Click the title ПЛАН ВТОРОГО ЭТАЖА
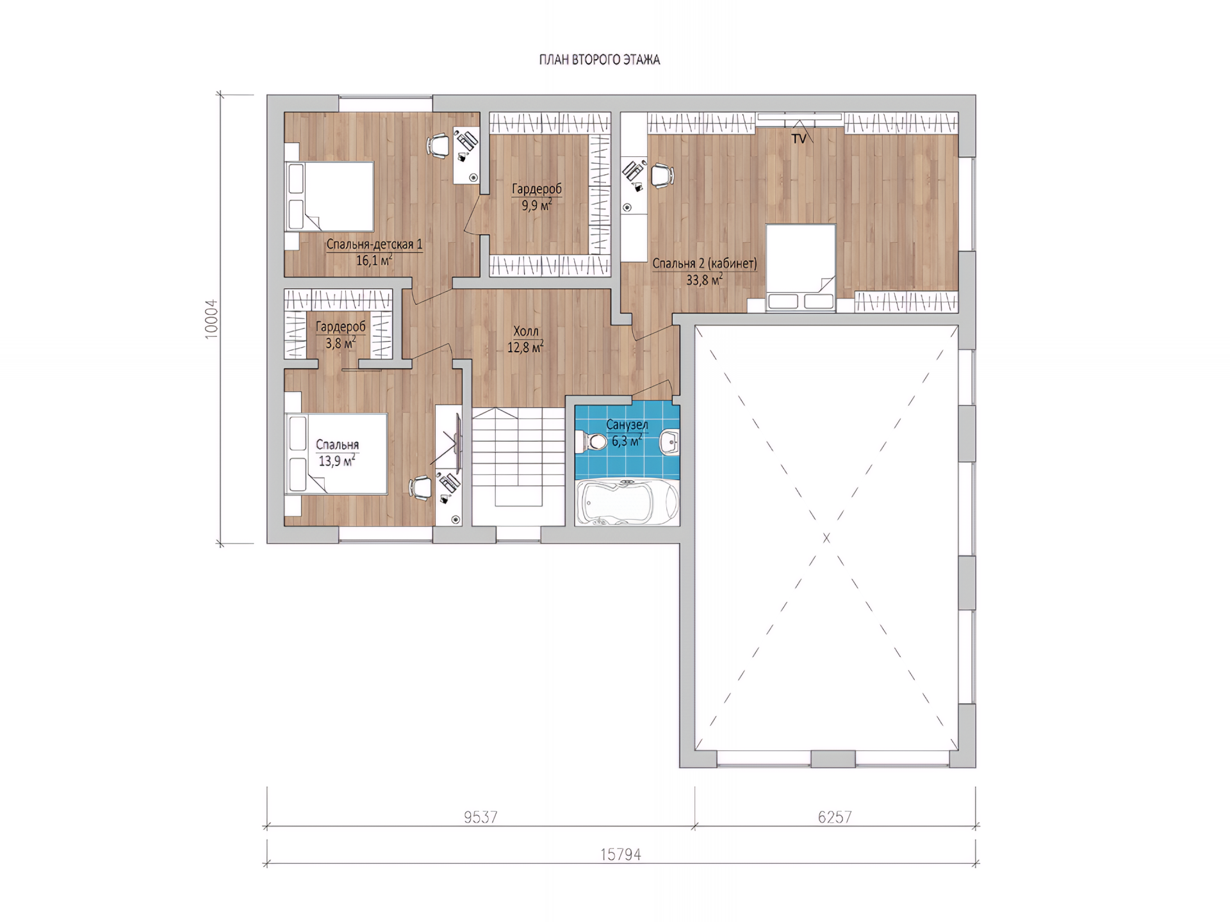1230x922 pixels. tap(599, 60)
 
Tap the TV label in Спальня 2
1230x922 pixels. tap(798, 138)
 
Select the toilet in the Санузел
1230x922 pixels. tap(592, 441)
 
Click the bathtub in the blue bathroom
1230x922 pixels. tap(627, 503)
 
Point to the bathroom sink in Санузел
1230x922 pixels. tap(670, 441)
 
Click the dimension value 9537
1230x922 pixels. tap(480, 817)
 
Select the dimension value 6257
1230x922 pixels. tap(835, 817)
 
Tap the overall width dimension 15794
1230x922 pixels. tap(621, 854)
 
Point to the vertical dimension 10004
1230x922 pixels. tap(211, 319)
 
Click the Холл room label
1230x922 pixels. tap(526, 331)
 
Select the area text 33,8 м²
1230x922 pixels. tap(705, 279)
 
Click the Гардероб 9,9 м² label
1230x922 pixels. tap(537, 197)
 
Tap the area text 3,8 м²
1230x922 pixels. tap(340, 343)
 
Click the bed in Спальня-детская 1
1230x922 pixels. tap(329, 197)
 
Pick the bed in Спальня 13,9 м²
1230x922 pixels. tap(336, 454)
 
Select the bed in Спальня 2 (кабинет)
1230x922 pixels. tap(801, 268)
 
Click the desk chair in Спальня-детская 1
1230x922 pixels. tap(439, 145)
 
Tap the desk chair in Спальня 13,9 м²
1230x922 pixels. tap(421, 488)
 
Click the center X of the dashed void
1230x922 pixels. tap(826, 538)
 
